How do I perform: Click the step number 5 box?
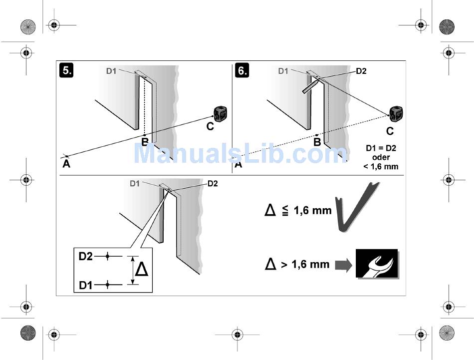pos(66,70)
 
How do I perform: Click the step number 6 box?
pos(242,70)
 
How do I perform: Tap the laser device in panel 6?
pos(396,114)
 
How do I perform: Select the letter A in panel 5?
pos(66,164)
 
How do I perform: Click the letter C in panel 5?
pos(210,127)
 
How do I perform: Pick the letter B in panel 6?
pos(317,142)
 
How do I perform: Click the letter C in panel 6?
pos(390,132)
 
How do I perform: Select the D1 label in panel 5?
pos(111,71)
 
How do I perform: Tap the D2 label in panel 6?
pos(361,71)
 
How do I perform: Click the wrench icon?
pos(377,263)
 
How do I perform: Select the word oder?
pos(381,157)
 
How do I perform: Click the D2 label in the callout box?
pos(86,256)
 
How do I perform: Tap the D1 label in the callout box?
pos(86,285)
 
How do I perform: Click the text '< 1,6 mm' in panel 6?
pos(381,166)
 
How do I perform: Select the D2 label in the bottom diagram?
pos(212,184)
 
